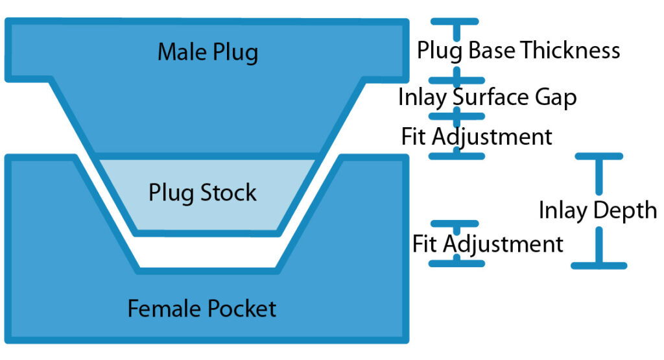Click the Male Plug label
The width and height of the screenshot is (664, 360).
point(207,53)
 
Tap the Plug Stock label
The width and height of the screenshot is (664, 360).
point(202,193)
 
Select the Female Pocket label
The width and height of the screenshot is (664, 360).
point(202,308)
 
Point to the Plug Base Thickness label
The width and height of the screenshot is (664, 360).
point(518,50)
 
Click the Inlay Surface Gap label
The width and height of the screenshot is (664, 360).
point(487,97)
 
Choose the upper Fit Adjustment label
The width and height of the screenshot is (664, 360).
point(477,137)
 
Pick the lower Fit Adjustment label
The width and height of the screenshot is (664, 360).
point(488,245)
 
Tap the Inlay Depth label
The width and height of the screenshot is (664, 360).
point(597,210)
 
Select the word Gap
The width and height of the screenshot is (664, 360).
point(555,97)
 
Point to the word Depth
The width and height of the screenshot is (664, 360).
point(624,211)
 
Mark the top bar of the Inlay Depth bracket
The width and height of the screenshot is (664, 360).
point(599,156)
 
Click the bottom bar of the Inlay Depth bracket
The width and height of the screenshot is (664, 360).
point(599,265)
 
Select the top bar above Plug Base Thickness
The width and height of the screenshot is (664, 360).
point(457,22)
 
